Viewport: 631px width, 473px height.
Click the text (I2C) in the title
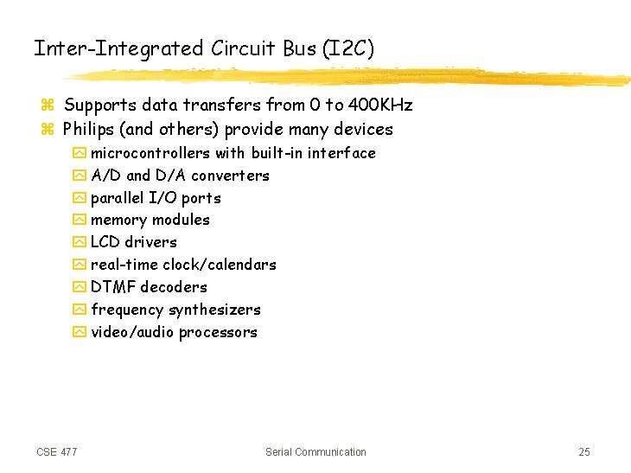pyautogui.click(x=348, y=48)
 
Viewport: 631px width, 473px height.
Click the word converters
pyautogui.click(x=231, y=176)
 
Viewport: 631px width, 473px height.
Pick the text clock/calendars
pyautogui.click(x=220, y=265)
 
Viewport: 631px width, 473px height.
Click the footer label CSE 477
pyautogui.click(x=57, y=452)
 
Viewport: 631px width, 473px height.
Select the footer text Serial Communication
pyautogui.click(x=315, y=452)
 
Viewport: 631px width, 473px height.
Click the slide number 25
pyautogui.click(x=584, y=452)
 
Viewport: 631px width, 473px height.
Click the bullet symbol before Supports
pyautogui.click(x=48, y=106)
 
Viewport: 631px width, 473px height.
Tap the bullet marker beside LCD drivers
pyautogui.click(x=80, y=243)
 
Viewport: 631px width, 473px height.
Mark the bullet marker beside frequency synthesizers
pyautogui.click(x=80, y=310)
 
